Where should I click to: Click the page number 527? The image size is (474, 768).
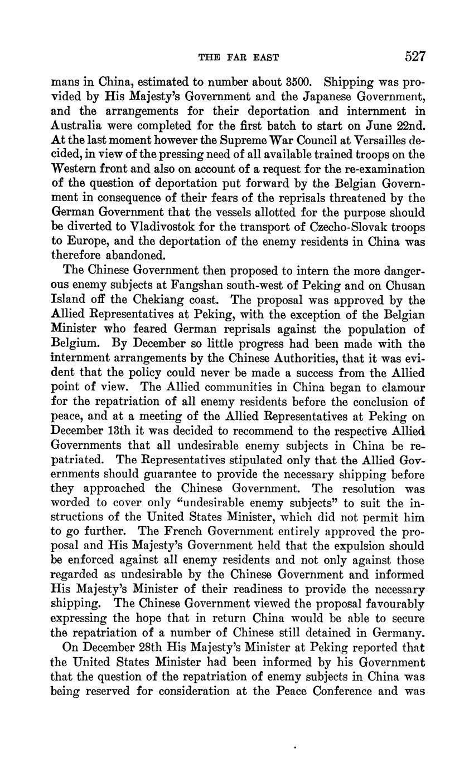click(415, 56)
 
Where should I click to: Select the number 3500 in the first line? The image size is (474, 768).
click(289, 82)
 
